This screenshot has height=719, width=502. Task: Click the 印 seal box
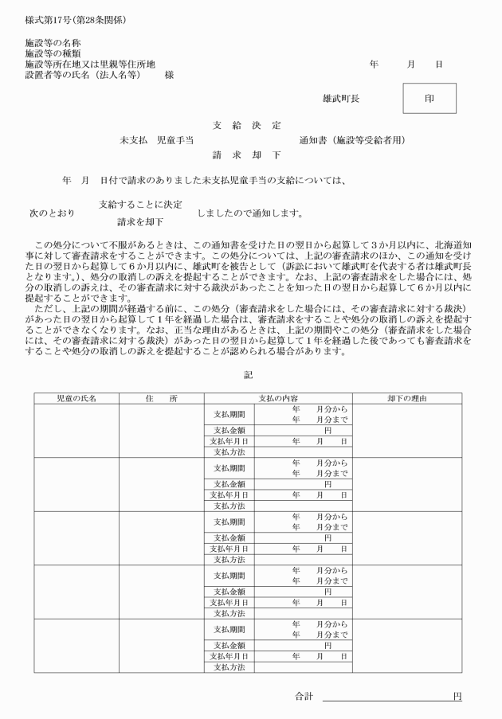click(x=429, y=99)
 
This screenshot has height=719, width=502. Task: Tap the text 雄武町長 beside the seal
click(x=341, y=100)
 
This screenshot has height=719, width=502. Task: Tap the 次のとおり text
click(x=52, y=213)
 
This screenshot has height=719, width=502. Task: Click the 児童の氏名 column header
click(x=76, y=397)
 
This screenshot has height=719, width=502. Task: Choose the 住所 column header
click(x=161, y=397)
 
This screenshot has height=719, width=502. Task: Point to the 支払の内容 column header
click(x=278, y=397)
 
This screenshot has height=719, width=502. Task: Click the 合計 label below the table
click(x=304, y=696)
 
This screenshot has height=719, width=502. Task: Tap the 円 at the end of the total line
click(x=457, y=696)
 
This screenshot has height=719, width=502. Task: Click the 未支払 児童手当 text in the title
click(x=157, y=141)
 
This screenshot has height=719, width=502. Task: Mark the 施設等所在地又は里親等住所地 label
click(x=90, y=64)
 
